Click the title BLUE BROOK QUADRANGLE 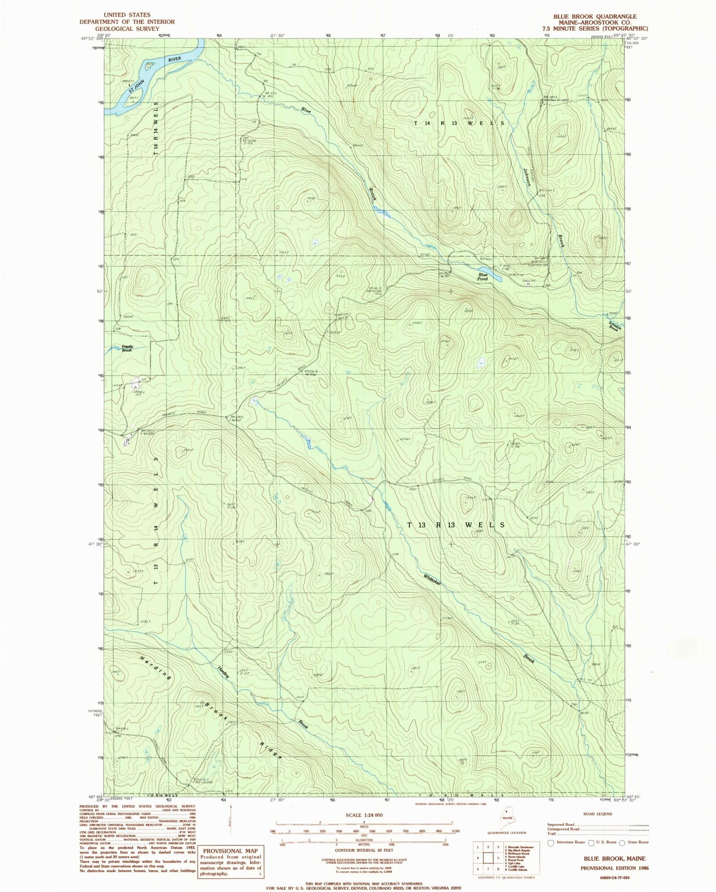pos(595,16)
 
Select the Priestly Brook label pos(127,348)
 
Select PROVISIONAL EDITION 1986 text pos(614,868)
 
